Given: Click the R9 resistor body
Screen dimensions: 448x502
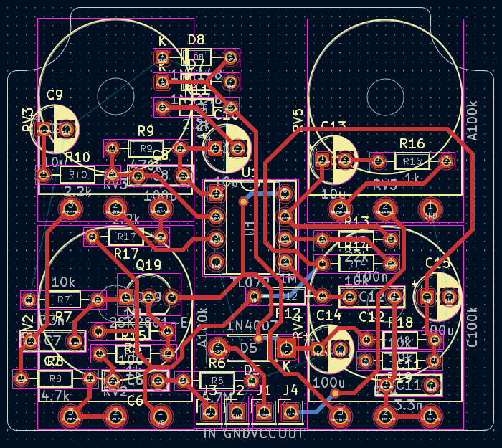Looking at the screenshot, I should [x=146, y=148].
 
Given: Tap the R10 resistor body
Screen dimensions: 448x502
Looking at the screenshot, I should [x=77, y=174].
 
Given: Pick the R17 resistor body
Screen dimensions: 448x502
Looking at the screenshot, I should [x=126, y=237].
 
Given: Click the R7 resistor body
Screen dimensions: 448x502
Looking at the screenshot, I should [x=63, y=299].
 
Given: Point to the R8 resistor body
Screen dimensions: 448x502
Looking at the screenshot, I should [x=56, y=378].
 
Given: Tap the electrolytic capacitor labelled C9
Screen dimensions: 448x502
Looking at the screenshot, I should [x=55, y=129].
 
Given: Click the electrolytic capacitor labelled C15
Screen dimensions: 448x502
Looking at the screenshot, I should [x=438, y=295].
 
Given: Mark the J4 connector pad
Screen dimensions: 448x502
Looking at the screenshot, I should [x=290, y=411].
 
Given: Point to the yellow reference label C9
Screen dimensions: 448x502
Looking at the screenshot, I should [x=55, y=95].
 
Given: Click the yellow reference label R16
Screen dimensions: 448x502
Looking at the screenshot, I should [x=412, y=143].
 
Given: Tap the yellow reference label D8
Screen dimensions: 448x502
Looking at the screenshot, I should [x=196, y=39].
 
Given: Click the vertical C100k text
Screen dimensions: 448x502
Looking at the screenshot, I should [x=472, y=327].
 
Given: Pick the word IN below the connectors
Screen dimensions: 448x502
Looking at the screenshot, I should [x=209, y=434].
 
